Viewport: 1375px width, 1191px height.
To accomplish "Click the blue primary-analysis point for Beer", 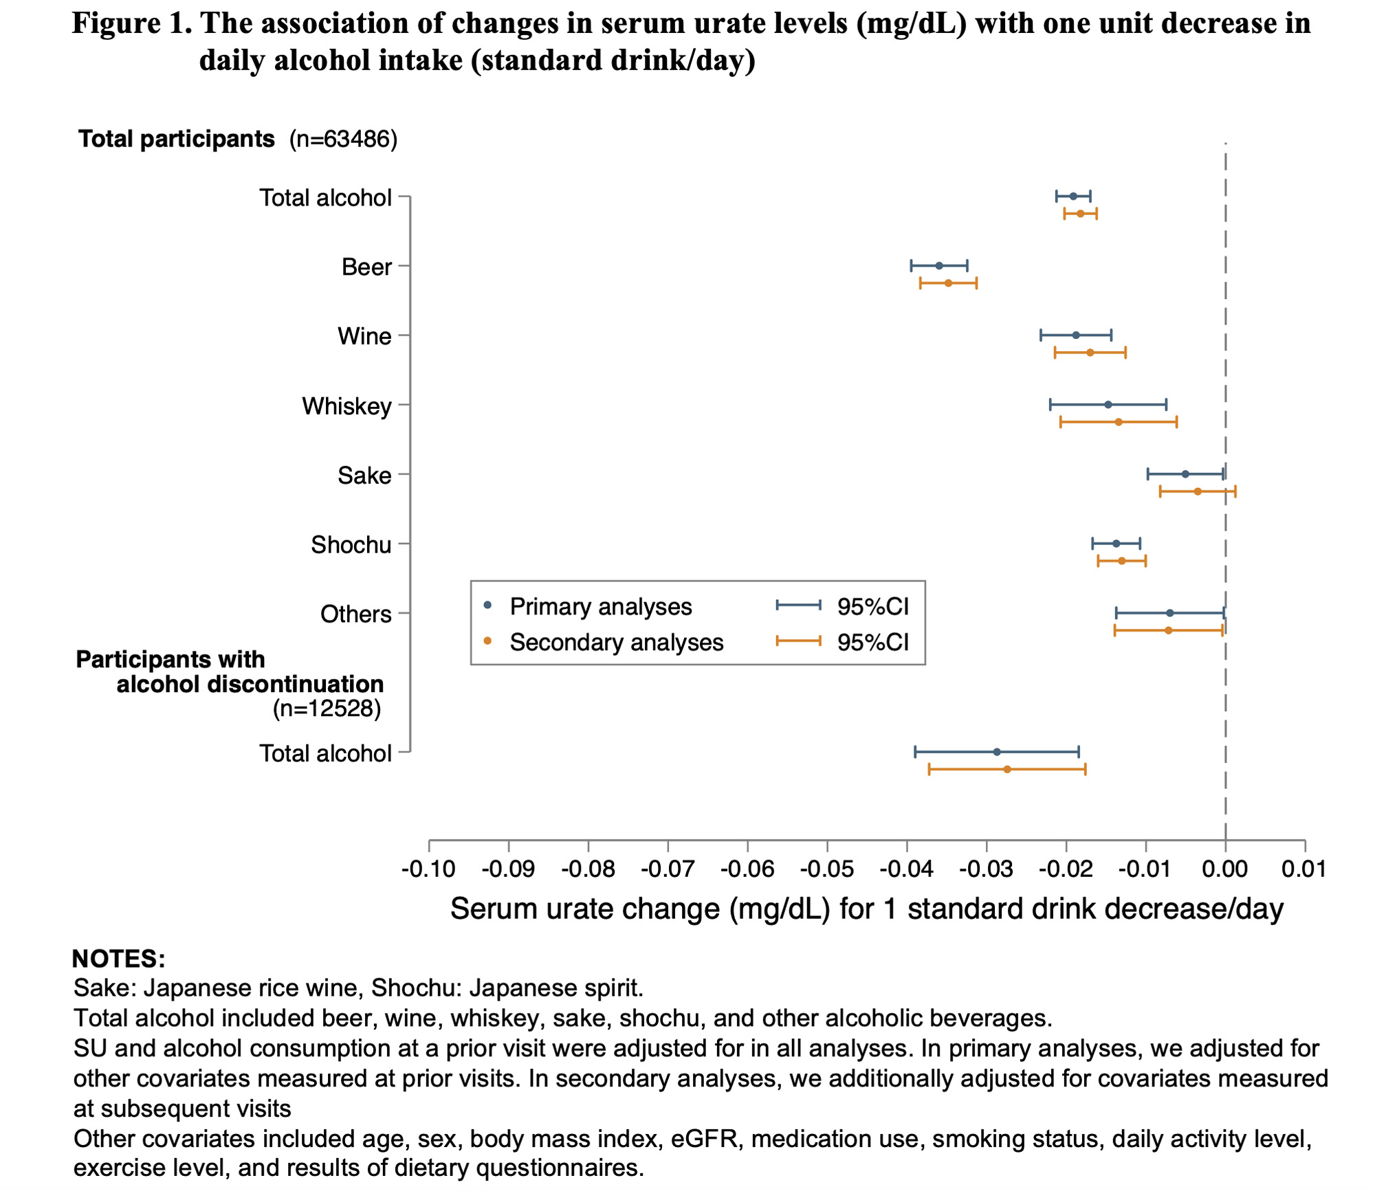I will pyautogui.click(x=939, y=266).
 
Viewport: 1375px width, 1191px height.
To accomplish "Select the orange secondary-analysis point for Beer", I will pyautogui.click(x=948, y=283).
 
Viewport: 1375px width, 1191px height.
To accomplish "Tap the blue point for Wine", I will pyautogui.click(x=1076, y=335).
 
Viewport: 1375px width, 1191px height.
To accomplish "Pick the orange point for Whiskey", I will pyautogui.click(x=1119, y=422).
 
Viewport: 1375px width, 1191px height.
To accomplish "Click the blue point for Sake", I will pyautogui.click(x=1185, y=474).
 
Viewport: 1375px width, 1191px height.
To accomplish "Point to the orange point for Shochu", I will pyautogui.click(x=1122, y=561).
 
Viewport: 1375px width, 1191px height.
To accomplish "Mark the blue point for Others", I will pyautogui.click(x=1170, y=613).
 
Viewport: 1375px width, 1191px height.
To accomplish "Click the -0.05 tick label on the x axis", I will pyautogui.click(x=826, y=869).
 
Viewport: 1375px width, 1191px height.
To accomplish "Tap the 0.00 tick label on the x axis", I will pyautogui.click(x=1224, y=869).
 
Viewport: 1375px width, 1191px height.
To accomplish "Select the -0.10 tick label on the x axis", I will pyautogui.click(x=428, y=869).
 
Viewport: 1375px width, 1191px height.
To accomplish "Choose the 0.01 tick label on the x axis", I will pyautogui.click(x=1304, y=869).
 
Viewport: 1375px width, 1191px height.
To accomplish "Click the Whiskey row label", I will pyautogui.click(x=346, y=406).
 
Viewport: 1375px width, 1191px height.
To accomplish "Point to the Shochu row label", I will pyautogui.click(x=351, y=545).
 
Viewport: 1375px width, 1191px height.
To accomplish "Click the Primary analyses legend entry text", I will pyautogui.click(x=600, y=607).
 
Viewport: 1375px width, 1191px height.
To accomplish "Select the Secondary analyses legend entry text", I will pyautogui.click(x=616, y=643).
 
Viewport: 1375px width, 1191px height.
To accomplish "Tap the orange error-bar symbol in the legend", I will pyautogui.click(x=798, y=641).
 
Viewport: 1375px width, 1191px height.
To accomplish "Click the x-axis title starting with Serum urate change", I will pyautogui.click(x=866, y=909).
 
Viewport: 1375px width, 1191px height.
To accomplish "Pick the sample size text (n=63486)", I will pyautogui.click(x=343, y=140).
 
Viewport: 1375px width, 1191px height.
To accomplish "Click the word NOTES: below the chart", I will pyautogui.click(x=118, y=959).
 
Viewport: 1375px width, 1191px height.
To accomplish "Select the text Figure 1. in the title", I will pyautogui.click(x=132, y=24).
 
